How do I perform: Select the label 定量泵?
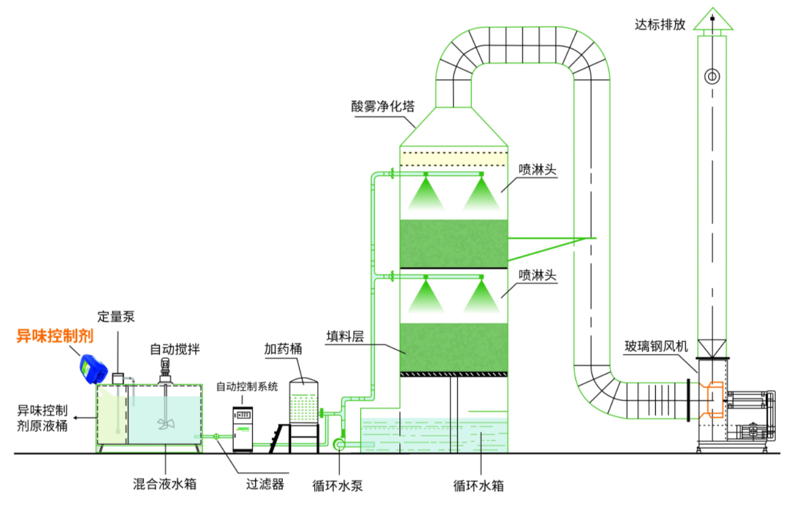[x=116, y=317]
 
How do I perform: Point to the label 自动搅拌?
[x=174, y=349]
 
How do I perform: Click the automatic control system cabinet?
[x=243, y=428]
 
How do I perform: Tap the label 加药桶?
[x=282, y=349]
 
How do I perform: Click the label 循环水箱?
[x=479, y=485]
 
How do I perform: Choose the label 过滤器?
[x=264, y=484]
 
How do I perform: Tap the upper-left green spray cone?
[x=425, y=195]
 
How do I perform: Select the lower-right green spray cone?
[x=482, y=298]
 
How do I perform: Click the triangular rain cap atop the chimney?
[x=713, y=21]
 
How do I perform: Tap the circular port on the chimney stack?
[x=712, y=76]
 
